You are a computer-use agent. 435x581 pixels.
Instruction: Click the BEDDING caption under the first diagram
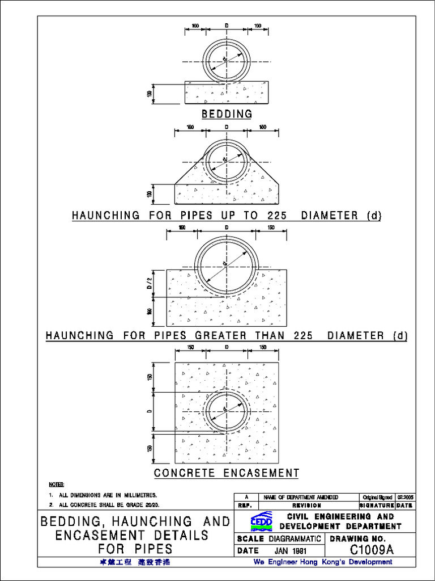(227, 114)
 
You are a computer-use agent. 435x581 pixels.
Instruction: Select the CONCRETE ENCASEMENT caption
(227, 473)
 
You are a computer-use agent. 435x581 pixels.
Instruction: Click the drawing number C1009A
(371, 550)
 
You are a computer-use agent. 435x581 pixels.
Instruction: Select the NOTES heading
(57, 485)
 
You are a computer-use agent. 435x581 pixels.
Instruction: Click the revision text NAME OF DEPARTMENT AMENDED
(301, 497)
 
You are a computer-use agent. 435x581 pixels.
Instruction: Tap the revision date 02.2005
(404, 497)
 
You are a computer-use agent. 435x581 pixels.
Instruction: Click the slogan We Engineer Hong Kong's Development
(322, 562)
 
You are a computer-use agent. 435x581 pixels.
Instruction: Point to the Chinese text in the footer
(134, 562)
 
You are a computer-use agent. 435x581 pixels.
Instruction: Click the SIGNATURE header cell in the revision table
(377, 505)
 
